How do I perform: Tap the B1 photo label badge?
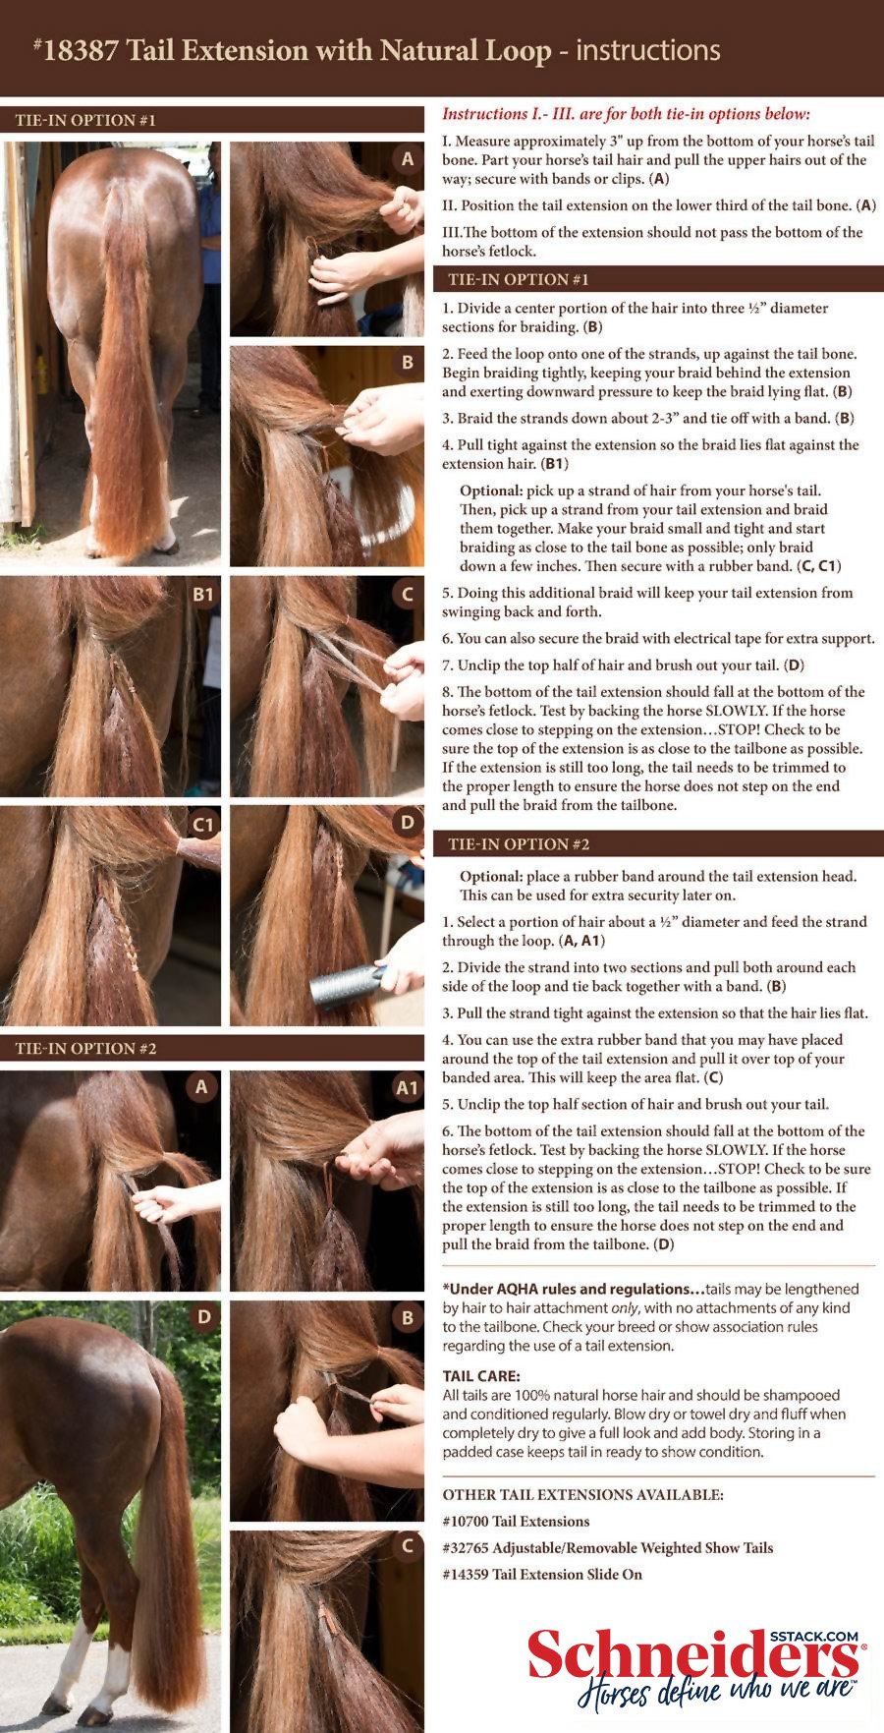tap(202, 594)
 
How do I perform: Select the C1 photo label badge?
tap(202, 824)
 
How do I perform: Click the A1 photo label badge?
tap(407, 1087)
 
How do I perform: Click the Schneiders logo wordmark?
tap(693, 1657)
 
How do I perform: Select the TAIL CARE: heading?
tap(481, 1376)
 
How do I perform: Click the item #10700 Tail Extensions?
tap(516, 1521)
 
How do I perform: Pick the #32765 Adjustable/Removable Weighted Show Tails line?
tap(607, 1547)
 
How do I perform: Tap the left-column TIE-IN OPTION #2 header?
tap(85, 1048)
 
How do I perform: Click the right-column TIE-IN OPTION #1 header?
tap(519, 279)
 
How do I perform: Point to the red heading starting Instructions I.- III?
tap(626, 114)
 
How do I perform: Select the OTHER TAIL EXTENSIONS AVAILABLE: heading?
tap(582, 1494)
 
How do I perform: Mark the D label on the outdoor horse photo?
tap(203, 1316)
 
